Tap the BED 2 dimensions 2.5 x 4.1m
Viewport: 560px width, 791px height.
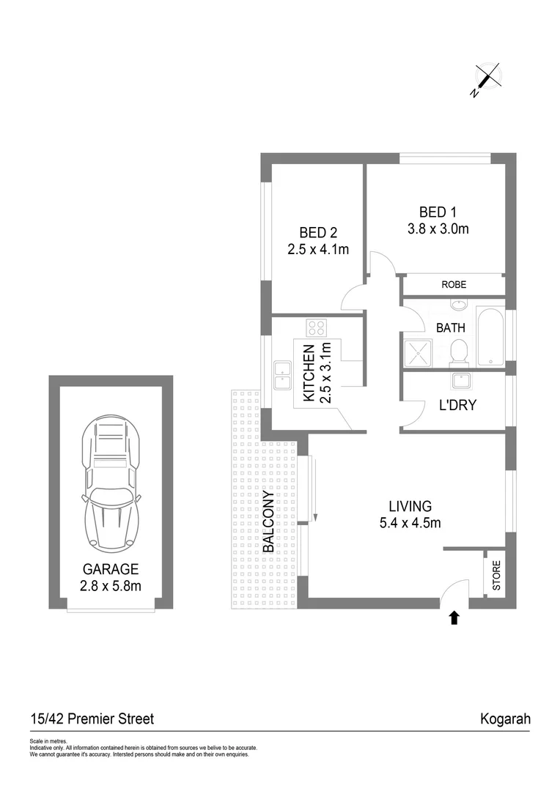coord(317,249)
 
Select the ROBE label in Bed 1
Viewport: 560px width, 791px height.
coord(454,285)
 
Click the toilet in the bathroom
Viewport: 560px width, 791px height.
coord(458,350)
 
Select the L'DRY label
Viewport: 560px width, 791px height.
coord(458,404)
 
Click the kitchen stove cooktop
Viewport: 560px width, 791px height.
coord(317,327)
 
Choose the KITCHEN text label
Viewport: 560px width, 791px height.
coord(309,374)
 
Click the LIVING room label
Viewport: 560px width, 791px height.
coord(410,505)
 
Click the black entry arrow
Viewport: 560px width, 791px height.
coord(454,618)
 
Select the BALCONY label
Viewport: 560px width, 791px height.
coord(269,521)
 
